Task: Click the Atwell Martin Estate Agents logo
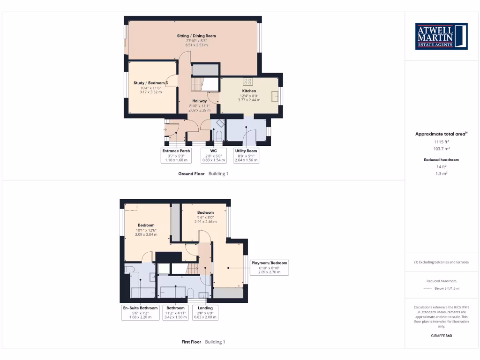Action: [442, 36]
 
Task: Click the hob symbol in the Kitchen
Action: [247, 82]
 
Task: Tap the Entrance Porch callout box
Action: [176, 155]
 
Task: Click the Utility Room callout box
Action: [247, 155]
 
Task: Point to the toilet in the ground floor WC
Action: [218, 135]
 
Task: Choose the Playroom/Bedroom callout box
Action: [269, 267]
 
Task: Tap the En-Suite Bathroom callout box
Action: [137, 312]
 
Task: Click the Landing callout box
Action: [205, 312]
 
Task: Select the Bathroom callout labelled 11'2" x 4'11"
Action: [175, 312]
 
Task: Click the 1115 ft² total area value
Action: [441, 141]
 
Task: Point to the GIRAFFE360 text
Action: [441, 336]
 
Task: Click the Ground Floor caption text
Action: [191, 173]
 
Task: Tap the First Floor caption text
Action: [192, 342]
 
